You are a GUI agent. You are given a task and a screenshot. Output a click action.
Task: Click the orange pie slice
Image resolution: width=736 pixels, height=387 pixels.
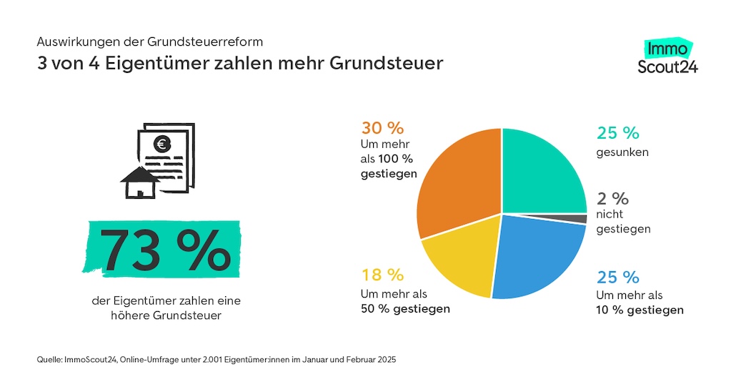[x=457, y=179]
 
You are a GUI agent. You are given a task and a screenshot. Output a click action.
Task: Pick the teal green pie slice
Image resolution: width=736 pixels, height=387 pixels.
[x=543, y=172]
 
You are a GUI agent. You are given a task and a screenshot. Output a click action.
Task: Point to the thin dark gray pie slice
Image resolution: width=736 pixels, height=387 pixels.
[x=580, y=219]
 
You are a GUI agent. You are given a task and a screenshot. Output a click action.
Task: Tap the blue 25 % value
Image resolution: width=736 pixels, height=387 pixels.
[x=617, y=277]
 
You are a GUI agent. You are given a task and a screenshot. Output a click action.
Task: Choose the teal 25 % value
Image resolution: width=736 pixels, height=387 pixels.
[x=617, y=133]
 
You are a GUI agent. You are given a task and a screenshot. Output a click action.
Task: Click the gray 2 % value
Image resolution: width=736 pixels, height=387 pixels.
[x=612, y=198]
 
